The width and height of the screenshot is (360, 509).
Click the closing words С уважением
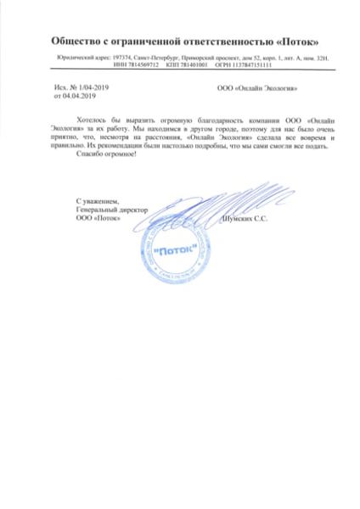pyautogui.click(x=94, y=200)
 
